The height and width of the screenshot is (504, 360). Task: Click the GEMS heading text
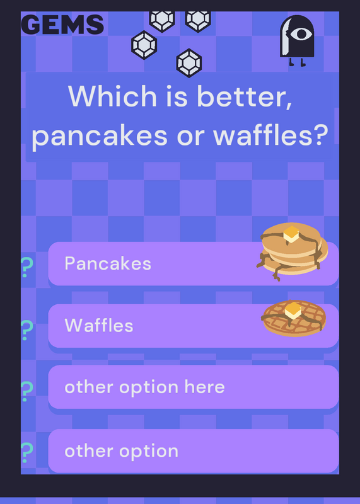(62, 25)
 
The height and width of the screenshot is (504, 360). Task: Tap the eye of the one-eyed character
(301, 34)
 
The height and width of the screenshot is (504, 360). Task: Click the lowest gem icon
(189, 63)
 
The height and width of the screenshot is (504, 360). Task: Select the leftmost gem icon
(144, 45)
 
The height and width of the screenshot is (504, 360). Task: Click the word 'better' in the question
(245, 96)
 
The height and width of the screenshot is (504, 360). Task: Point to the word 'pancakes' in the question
(100, 135)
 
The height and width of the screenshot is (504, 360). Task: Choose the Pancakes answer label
(108, 263)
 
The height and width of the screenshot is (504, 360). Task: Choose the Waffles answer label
(99, 325)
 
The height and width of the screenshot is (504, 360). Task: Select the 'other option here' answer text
(144, 387)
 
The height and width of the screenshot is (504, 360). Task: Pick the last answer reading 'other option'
(121, 451)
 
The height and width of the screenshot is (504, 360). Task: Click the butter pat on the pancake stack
(291, 234)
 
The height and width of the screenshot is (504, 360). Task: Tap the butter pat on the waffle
(293, 311)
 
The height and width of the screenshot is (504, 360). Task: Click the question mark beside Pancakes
(26, 267)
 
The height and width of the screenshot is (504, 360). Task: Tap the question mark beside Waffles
(26, 330)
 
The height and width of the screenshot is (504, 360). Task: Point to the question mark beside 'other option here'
(26, 391)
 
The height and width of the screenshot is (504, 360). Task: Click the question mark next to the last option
(26, 452)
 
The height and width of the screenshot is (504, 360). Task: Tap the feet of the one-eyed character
(297, 62)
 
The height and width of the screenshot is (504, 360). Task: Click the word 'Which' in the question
(113, 96)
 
